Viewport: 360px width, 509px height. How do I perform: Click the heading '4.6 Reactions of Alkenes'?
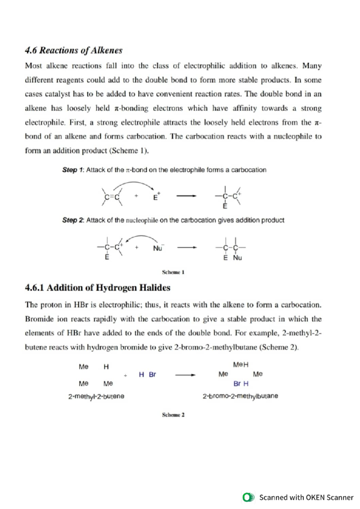pos(73,50)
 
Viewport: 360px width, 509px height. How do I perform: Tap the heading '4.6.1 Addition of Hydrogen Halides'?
pos(97,288)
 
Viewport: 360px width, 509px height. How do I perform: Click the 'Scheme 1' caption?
pos(173,272)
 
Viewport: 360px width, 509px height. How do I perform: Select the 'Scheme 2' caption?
pos(173,415)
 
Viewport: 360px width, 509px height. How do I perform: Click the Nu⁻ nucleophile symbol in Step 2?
pos(158,248)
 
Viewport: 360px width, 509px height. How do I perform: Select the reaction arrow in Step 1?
pos(186,196)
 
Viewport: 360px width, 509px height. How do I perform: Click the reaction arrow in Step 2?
pos(187,248)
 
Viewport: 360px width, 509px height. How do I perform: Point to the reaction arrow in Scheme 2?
pos(185,375)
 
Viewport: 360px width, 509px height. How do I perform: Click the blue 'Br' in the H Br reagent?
pos(152,375)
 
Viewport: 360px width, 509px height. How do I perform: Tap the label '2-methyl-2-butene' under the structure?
pos(96,396)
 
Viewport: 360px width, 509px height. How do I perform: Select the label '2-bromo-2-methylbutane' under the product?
pos(240,396)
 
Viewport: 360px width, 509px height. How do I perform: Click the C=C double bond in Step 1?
pos(112,197)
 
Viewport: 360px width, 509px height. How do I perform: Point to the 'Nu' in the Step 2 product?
pos(237,258)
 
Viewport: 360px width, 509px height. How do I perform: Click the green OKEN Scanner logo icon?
pos(248,497)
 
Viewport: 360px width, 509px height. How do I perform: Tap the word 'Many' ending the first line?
pos(312,66)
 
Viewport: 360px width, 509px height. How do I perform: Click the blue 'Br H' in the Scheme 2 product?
pos(241,384)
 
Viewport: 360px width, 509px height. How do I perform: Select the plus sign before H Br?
pos(125,375)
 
